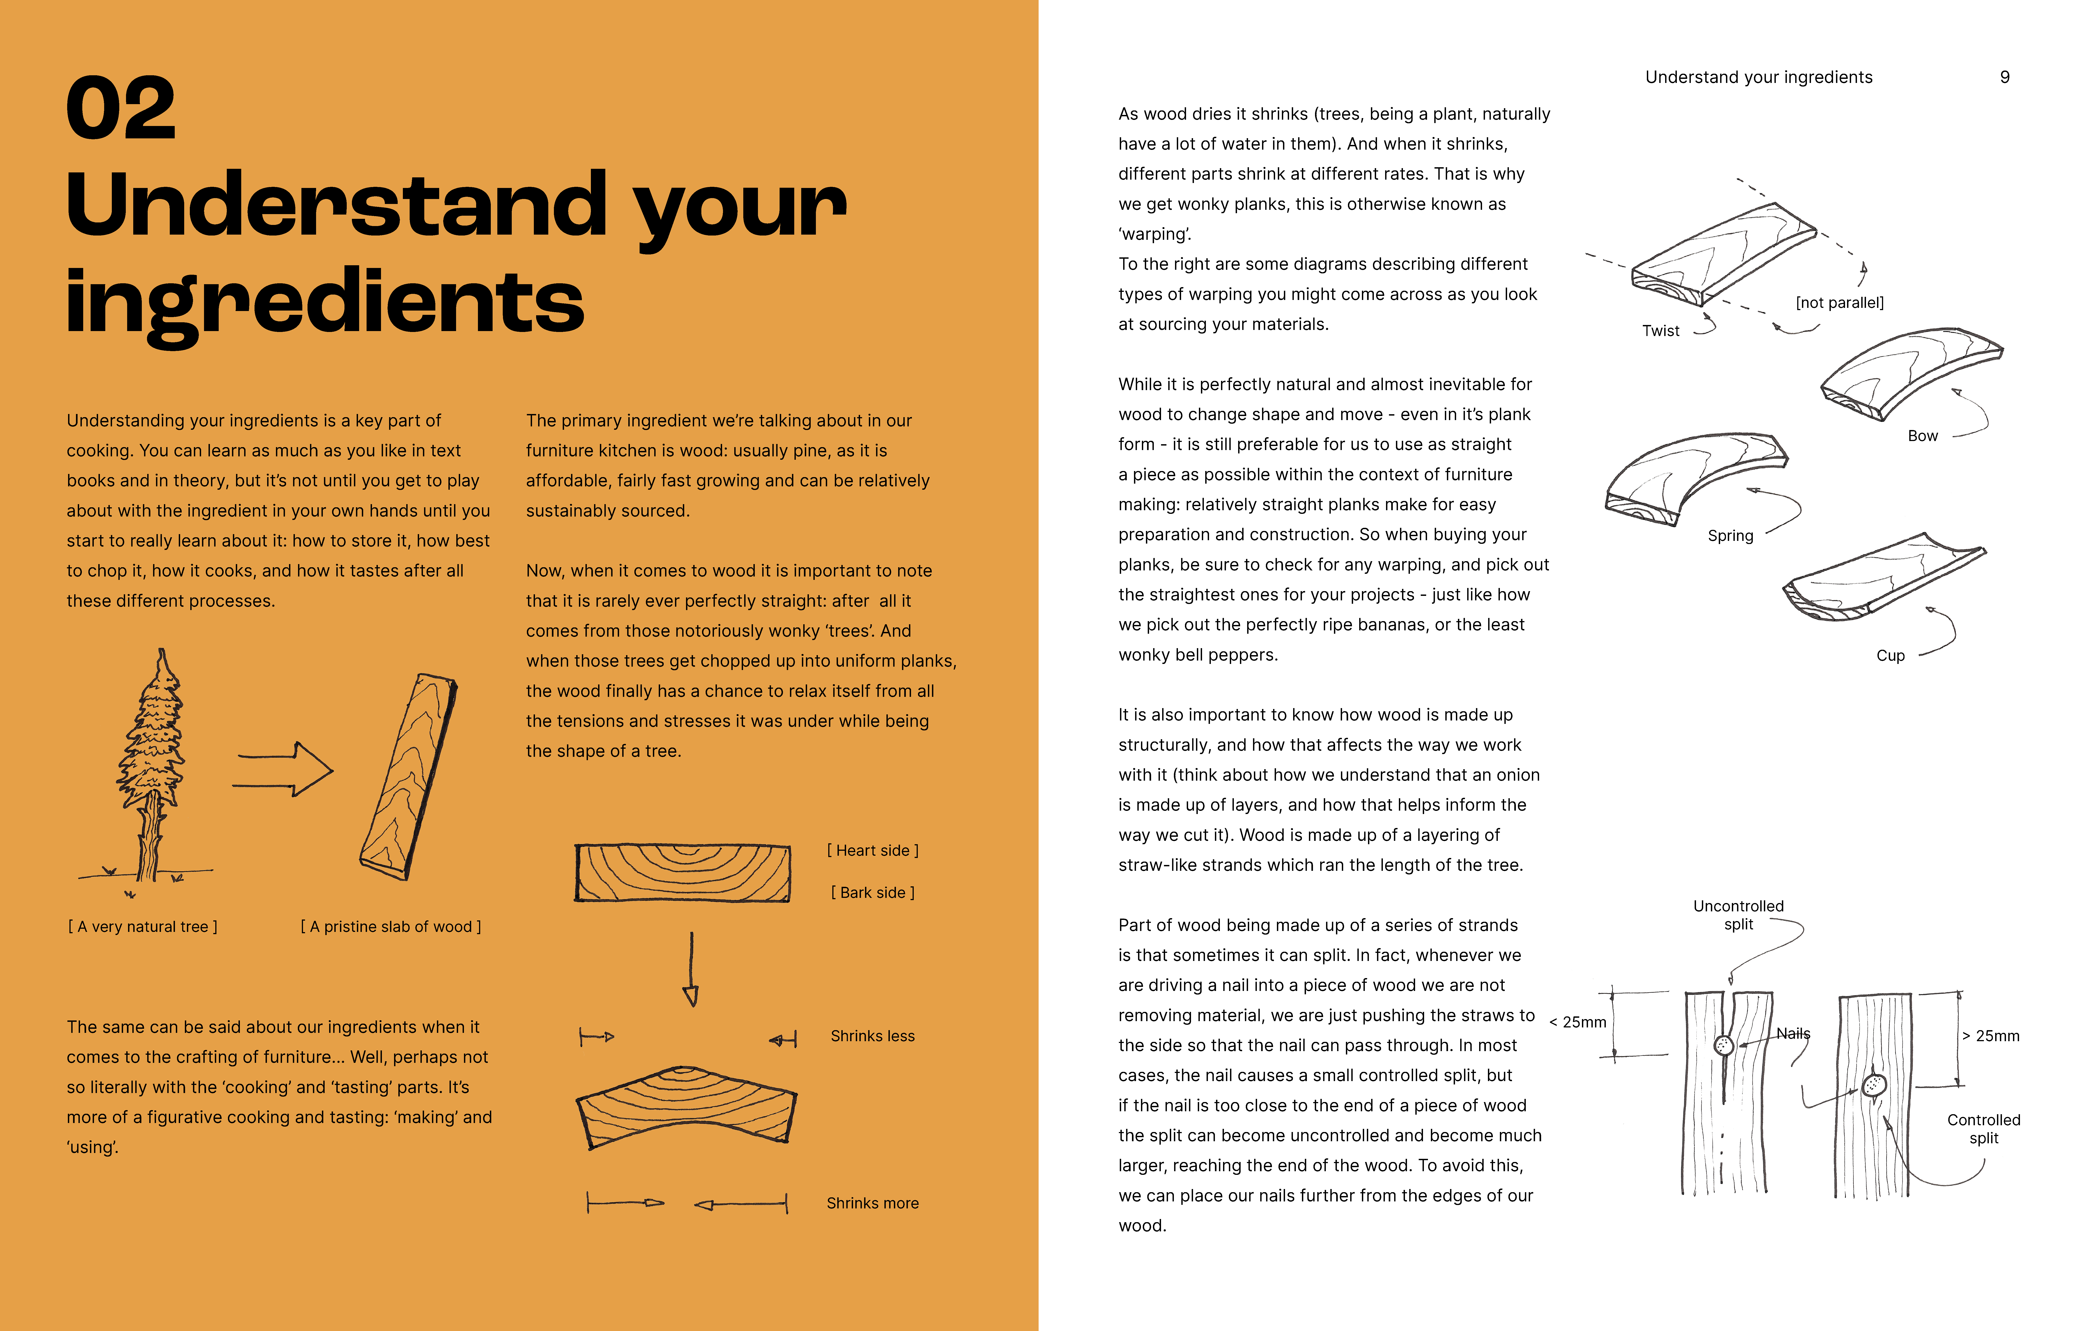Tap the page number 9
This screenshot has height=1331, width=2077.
pyautogui.click(x=2004, y=77)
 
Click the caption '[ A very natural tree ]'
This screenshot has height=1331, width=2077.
pyautogui.click(x=143, y=926)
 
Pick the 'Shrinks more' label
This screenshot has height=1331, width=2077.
pyautogui.click(x=872, y=1203)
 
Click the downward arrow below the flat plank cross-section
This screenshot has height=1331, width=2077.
pyautogui.click(x=691, y=969)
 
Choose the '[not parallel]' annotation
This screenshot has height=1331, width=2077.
pyautogui.click(x=1839, y=302)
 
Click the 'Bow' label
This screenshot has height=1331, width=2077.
pyautogui.click(x=1922, y=436)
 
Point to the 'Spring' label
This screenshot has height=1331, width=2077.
pyautogui.click(x=1730, y=536)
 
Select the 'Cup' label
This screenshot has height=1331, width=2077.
pyautogui.click(x=1890, y=655)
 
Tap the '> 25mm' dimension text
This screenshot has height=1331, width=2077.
pyautogui.click(x=1991, y=1035)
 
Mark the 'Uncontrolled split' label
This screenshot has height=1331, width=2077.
pyautogui.click(x=1738, y=914)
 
